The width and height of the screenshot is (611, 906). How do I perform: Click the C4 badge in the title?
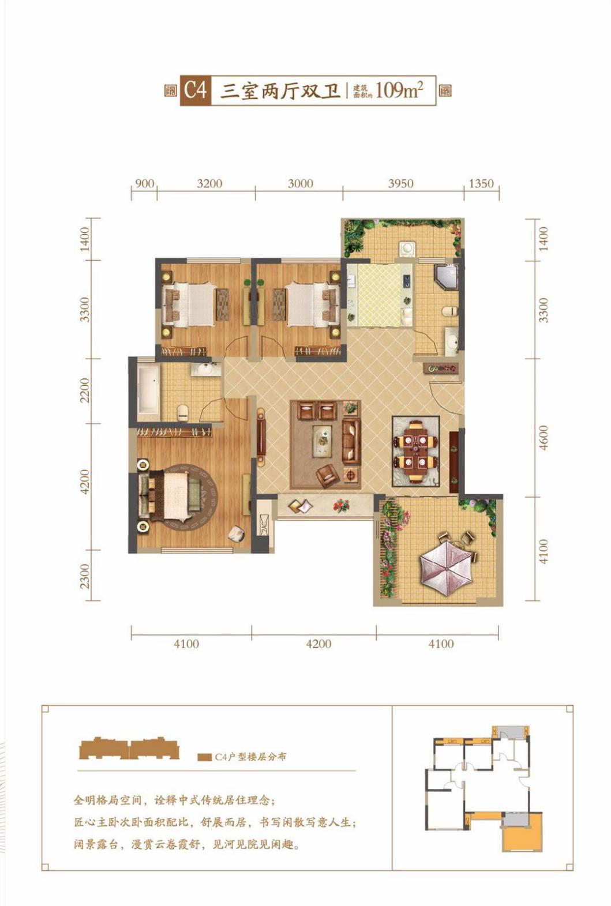(196, 91)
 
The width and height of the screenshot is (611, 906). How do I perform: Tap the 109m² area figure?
(399, 90)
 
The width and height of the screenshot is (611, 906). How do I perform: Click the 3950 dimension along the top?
(401, 184)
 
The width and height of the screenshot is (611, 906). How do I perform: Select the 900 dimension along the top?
(144, 183)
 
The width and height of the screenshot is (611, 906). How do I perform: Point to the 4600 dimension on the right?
(544, 437)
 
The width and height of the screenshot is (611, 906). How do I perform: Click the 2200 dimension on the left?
(85, 390)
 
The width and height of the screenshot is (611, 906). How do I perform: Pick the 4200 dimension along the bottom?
(319, 644)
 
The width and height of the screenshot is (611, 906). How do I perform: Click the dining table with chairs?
(415, 451)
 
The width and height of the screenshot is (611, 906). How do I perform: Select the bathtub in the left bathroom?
(149, 389)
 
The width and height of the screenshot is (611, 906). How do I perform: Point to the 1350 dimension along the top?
(481, 184)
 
